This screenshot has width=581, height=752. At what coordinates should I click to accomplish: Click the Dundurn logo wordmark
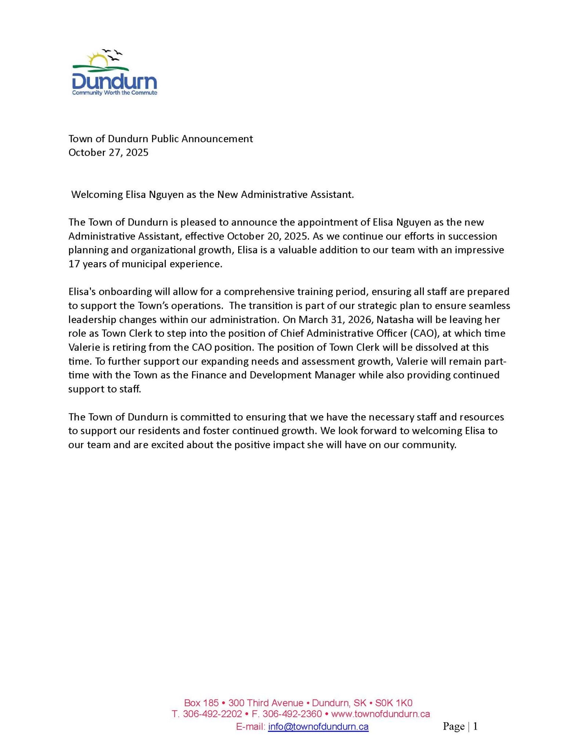point(115,81)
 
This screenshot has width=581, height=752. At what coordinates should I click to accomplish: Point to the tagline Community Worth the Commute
point(115,93)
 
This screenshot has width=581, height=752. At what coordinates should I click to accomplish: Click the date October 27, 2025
point(108,152)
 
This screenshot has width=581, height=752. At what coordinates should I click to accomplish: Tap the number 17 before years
point(74,264)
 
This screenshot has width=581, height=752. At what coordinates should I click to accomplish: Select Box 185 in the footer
point(201,703)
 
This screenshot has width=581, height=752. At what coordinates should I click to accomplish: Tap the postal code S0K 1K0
point(393,703)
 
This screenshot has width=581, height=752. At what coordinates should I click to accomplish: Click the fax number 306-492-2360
point(292,714)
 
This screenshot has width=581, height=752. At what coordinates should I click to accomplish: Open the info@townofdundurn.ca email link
point(318,727)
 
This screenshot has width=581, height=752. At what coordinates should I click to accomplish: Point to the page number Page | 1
point(460,726)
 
